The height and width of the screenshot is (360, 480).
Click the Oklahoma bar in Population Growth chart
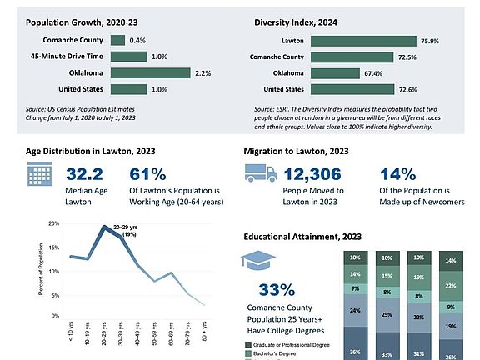pos(151,73)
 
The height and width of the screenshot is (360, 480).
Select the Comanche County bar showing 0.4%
pos(117,40)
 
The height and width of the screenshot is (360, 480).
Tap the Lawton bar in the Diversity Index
pos(363,42)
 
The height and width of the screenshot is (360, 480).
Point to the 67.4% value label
pos(373,73)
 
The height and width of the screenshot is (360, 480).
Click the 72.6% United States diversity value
pos(408,90)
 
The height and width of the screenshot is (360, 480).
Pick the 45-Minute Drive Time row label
pos(67,57)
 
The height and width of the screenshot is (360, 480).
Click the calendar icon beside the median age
pos(39,174)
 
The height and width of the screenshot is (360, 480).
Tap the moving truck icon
pos(261,173)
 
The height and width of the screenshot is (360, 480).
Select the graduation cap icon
pos(258,260)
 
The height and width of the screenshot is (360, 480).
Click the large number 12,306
pos(312,174)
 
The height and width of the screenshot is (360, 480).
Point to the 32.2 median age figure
pos(84,174)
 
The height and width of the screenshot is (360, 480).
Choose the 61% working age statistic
pos(147,174)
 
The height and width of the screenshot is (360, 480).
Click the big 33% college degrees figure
pos(277,290)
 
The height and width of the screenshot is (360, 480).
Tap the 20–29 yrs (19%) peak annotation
pos(126,231)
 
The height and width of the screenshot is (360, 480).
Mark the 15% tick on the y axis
pos(54,247)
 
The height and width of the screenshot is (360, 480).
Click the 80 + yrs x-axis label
pos(204,331)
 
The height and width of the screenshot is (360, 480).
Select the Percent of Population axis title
pos(41,269)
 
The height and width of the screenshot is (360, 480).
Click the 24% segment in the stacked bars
pos(355,310)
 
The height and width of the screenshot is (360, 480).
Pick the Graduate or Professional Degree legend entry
pos(287,345)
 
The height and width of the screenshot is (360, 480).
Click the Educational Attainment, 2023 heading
pos(302,237)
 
